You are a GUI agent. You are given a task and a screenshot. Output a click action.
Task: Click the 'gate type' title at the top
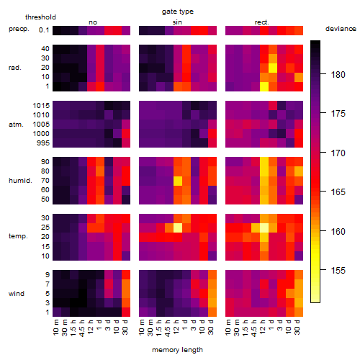pyautogui.click(x=178, y=12)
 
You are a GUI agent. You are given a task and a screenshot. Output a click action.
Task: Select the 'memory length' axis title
pyautogui.click(x=177, y=350)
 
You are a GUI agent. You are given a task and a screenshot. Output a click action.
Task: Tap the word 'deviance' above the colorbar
pyautogui.click(x=341, y=29)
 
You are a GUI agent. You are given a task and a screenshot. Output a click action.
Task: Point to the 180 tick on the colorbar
pyautogui.click(x=323, y=74)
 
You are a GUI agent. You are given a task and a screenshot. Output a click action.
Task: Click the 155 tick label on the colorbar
pyautogui.click(x=338, y=271)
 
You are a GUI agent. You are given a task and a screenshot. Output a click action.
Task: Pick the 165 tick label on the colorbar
pyautogui.click(x=338, y=192)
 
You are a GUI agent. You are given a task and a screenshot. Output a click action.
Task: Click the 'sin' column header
pyautogui.click(x=177, y=22)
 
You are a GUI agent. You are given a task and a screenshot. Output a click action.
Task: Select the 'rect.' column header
pyautogui.click(x=261, y=22)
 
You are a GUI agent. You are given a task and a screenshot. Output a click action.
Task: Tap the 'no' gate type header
pyautogui.click(x=93, y=22)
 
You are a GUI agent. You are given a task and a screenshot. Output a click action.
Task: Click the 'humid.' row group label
pyautogui.click(x=20, y=181)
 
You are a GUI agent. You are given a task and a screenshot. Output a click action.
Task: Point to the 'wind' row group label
pyautogui.click(x=17, y=294)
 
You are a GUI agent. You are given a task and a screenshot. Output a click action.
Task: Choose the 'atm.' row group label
pyautogui.click(x=16, y=125)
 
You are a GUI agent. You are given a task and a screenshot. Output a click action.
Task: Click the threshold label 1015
pyautogui.click(x=41, y=106)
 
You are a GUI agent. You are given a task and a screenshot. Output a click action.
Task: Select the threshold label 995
pyautogui.click(x=43, y=143)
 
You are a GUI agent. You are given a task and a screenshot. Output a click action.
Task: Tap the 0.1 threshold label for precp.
pyautogui.click(x=44, y=30)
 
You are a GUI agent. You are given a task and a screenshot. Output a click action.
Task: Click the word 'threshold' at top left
pyautogui.click(x=40, y=17)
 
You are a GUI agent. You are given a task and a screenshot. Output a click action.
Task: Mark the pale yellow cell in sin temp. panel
pyautogui.click(x=178, y=228)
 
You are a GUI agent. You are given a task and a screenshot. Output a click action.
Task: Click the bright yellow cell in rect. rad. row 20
pyautogui.click(x=273, y=68)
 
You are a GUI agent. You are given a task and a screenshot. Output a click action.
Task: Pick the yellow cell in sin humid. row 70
pyautogui.click(x=178, y=181)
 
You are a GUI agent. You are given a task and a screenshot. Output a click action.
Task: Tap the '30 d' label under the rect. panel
pyautogui.click(x=297, y=327)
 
